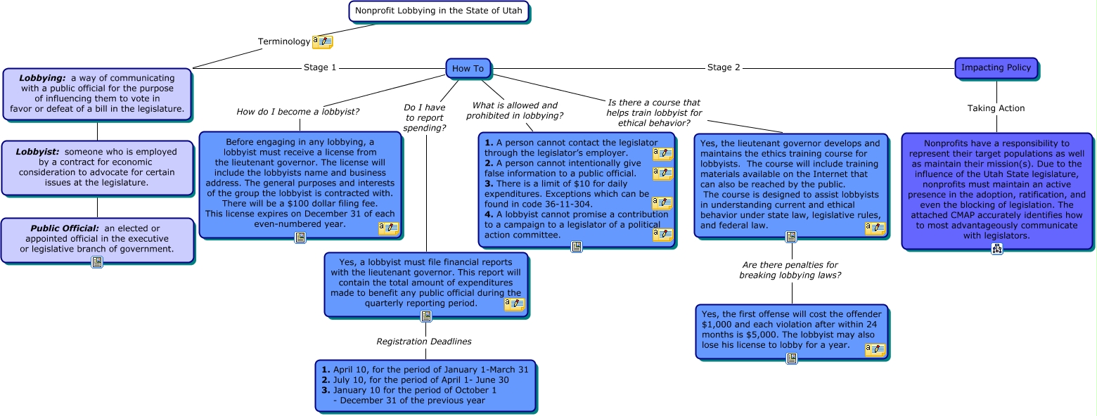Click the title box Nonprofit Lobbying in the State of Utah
pyautogui.click(x=438, y=11)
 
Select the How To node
pyautogui.click(x=468, y=68)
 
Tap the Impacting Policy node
pyautogui.click(x=996, y=67)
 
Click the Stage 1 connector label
pyautogui.click(x=320, y=67)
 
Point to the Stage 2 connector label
pyautogui.click(x=724, y=67)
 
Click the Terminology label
pyautogui.click(x=283, y=41)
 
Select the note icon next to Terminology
pyautogui.click(x=322, y=42)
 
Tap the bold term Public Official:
pyautogui.click(x=65, y=228)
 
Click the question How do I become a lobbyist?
pyautogui.click(x=298, y=112)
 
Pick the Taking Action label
pyautogui.click(x=996, y=108)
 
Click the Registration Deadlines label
pyautogui.click(x=423, y=342)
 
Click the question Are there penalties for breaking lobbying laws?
pyautogui.click(x=790, y=270)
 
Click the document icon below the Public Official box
pyautogui.click(x=97, y=262)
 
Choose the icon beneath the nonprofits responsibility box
pyautogui.click(x=996, y=249)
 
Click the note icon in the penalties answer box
pyautogui.click(x=875, y=349)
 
